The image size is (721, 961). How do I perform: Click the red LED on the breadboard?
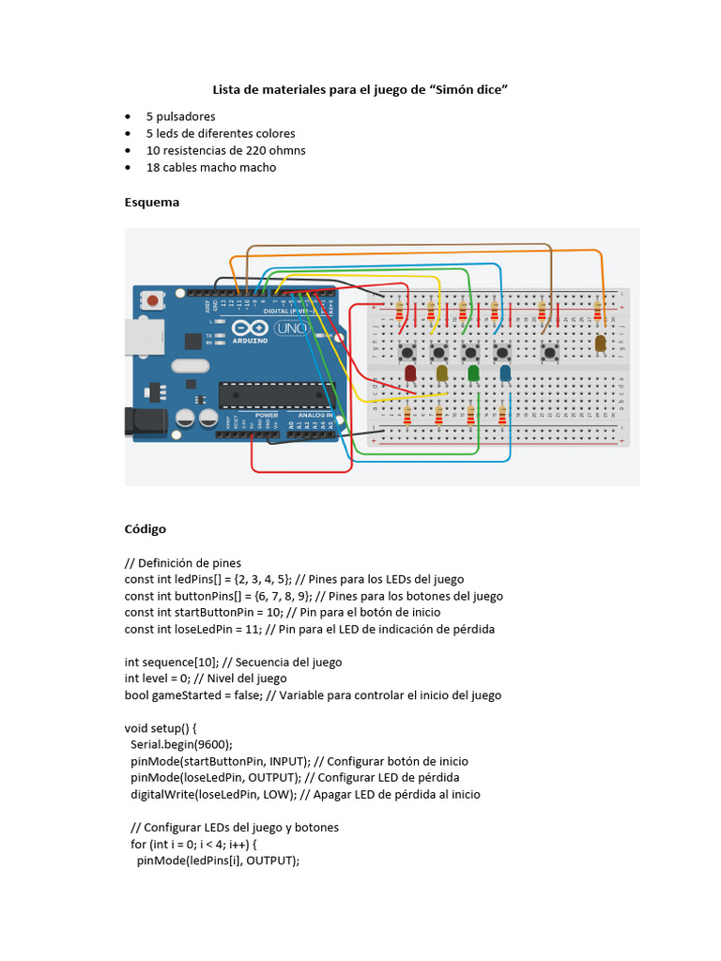tap(410, 374)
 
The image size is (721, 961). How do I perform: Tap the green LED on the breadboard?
tap(473, 374)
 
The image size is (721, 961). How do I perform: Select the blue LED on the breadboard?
tap(505, 374)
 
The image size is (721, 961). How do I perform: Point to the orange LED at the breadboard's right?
tap(600, 343)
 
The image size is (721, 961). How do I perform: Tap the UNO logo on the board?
tap(284, 329)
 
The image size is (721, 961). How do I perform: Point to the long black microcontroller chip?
tap(276, 395)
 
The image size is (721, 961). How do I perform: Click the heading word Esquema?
tap(151, 202)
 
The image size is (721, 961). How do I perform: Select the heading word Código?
tap(146, 529)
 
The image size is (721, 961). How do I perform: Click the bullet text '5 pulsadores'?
tap(180, 116)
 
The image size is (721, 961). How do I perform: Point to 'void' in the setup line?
tap(137, 727)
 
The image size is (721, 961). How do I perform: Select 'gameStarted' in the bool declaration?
tap(184, 695)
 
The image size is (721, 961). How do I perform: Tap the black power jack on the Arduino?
tap(146, 421)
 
